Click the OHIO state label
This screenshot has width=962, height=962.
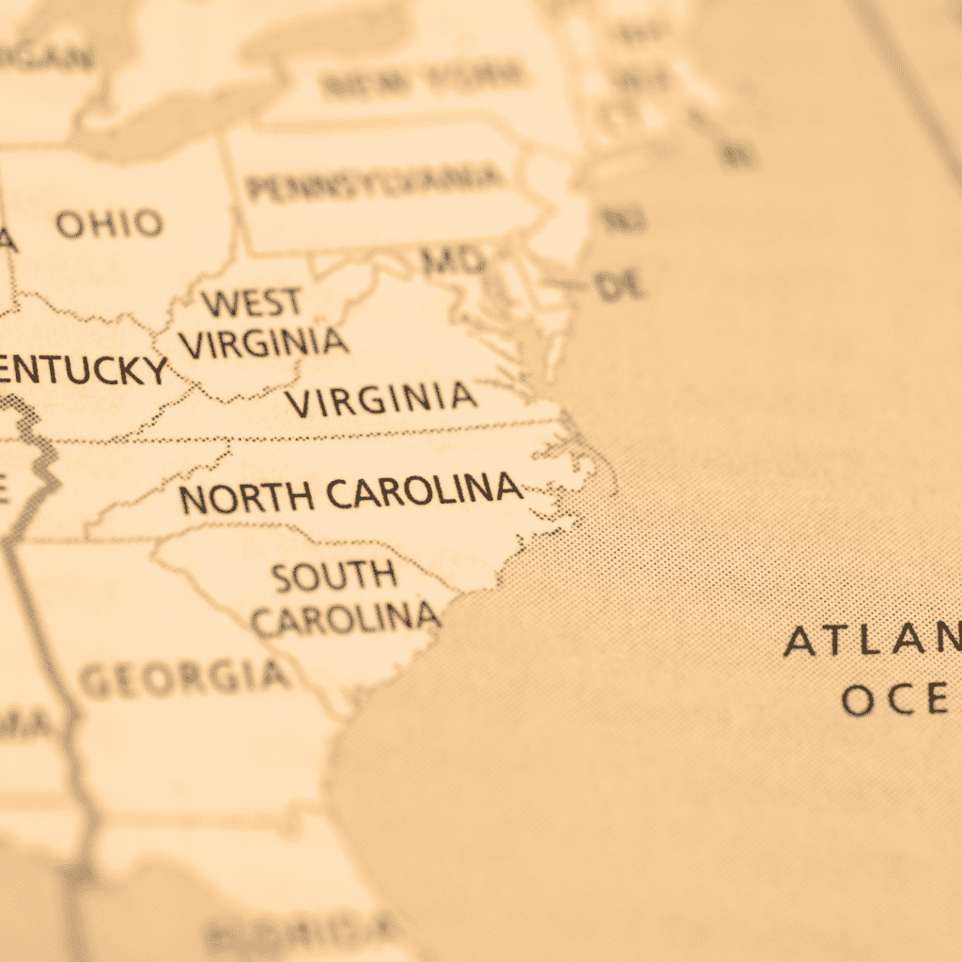coord(108,224)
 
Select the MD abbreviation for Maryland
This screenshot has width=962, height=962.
coord(453,259)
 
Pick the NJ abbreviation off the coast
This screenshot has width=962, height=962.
coord(622,220)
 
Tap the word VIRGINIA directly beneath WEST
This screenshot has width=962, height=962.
coord(264,342)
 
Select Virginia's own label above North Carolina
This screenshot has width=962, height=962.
coord(381,399)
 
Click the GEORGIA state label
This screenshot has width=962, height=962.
coord(183,676)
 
